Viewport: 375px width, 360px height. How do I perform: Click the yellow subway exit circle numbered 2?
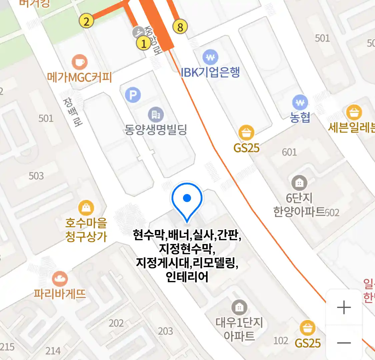86,21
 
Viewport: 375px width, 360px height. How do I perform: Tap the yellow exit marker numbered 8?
180,27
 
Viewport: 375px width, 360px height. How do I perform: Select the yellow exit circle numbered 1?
144,43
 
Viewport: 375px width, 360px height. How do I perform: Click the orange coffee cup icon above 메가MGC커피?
80,62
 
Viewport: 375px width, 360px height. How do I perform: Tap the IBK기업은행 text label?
210,72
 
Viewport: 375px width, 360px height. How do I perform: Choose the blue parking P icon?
133,95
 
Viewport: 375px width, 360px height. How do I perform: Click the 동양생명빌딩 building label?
155,129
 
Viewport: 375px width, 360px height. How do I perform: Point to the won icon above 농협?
300,103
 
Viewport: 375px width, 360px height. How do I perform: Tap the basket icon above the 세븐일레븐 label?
354,113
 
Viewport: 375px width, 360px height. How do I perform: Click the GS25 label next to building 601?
246,148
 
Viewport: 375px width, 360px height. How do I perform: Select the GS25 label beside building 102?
308,343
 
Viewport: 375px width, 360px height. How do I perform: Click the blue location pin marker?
187,199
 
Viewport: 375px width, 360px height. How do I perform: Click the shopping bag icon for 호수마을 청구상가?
86,208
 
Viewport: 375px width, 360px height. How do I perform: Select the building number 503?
36,176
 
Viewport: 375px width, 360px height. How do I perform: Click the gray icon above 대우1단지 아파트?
239,307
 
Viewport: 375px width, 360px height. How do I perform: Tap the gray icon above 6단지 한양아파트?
299,183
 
